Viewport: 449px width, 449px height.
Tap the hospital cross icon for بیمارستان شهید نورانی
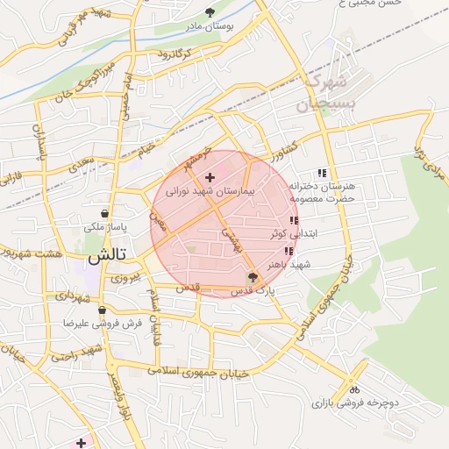(x=209, y=178)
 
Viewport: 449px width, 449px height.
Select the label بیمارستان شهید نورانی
(x=210, y=190)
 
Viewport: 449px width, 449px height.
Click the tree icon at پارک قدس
(x=253, y=277)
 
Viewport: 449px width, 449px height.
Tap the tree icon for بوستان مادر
(x=209, y=12)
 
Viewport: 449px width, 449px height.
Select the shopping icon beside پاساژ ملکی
(x=105, y=213)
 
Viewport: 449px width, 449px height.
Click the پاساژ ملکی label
(x=105, y=226)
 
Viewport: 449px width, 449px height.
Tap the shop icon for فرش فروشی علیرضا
(x=103, y=310)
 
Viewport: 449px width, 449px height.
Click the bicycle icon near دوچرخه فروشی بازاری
(x=354, y=389)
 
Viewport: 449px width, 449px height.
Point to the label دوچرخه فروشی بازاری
(x=355, y=403)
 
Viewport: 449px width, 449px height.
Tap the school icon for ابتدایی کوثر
(x=293, y=221)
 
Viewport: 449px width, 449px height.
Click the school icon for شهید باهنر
(x=289, y=252)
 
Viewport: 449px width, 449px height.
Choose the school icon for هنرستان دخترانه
(x=321, y=173)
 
